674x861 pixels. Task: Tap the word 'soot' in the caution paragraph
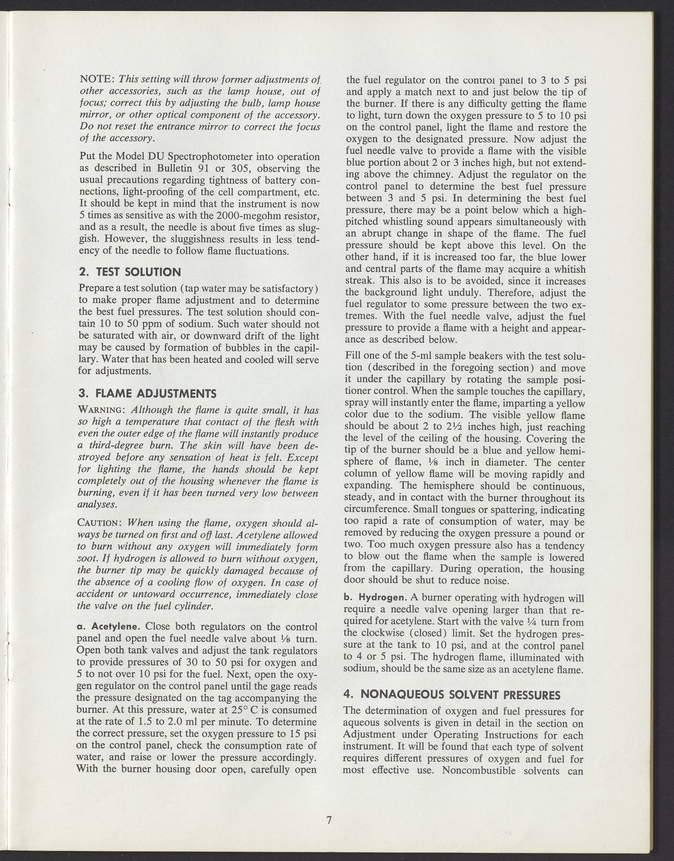click(x=90, y=560)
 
